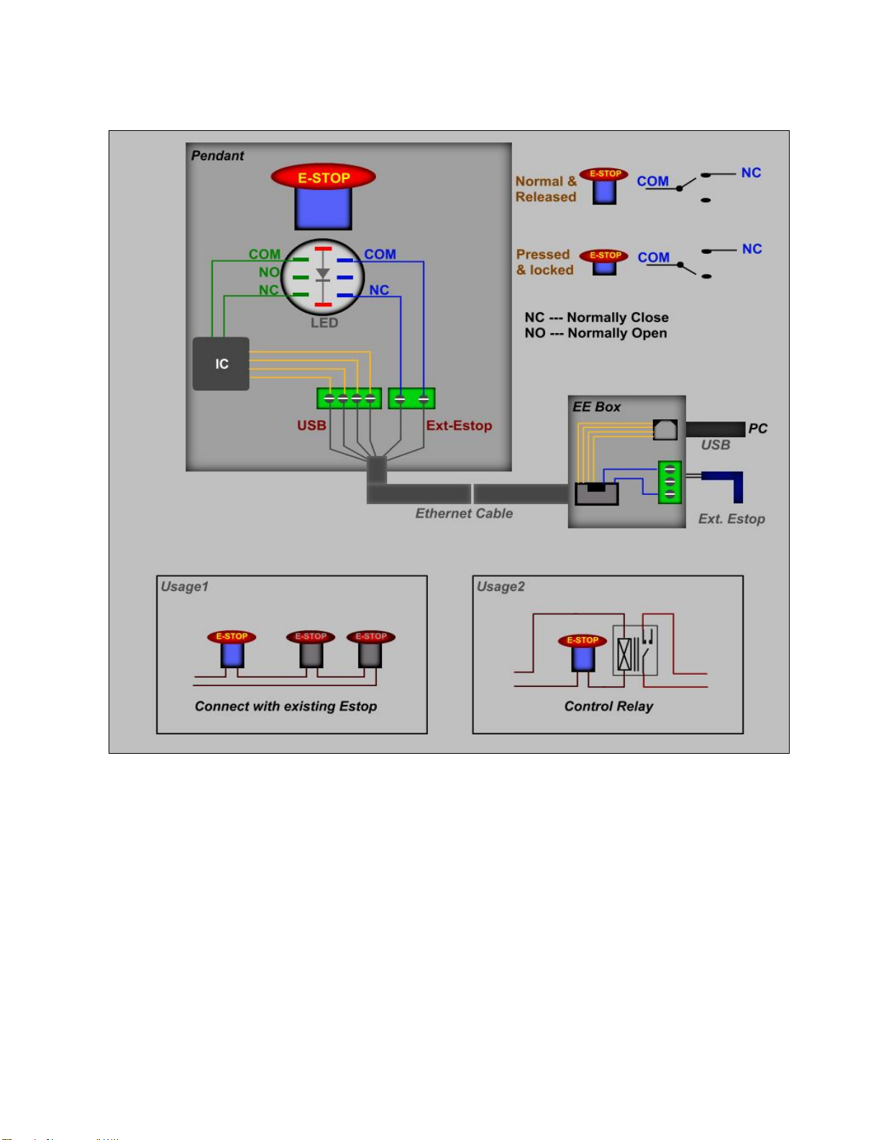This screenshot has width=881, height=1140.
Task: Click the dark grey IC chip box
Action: [221, 364]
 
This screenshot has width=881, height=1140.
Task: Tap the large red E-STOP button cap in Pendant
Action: [323, 177]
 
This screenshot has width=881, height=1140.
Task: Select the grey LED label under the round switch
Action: [324, 323]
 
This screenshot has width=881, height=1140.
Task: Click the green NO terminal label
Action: [269, 272]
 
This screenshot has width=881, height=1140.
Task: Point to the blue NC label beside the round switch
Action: [379, 290]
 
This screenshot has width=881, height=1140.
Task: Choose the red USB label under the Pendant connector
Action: [311, 425]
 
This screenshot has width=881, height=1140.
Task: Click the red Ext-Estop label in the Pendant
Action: [459, 425]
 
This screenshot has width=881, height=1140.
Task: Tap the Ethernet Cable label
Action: [464, 513]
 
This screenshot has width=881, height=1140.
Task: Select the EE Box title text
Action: [596, 406]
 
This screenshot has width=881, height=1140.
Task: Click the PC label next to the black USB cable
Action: [757, 429]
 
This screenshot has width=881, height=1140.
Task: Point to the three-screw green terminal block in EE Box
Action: [670, 482]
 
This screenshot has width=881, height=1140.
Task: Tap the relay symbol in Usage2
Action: [634, 651]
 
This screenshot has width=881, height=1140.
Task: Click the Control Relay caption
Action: [608, 706]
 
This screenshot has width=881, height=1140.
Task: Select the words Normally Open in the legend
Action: [617, 333]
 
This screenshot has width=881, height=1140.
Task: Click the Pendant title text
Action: [217, 155]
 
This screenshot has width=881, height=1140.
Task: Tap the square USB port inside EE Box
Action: [665, 429]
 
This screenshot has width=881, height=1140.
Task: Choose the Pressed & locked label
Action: [544, 263]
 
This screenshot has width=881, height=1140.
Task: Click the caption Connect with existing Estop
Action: [286, 706]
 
